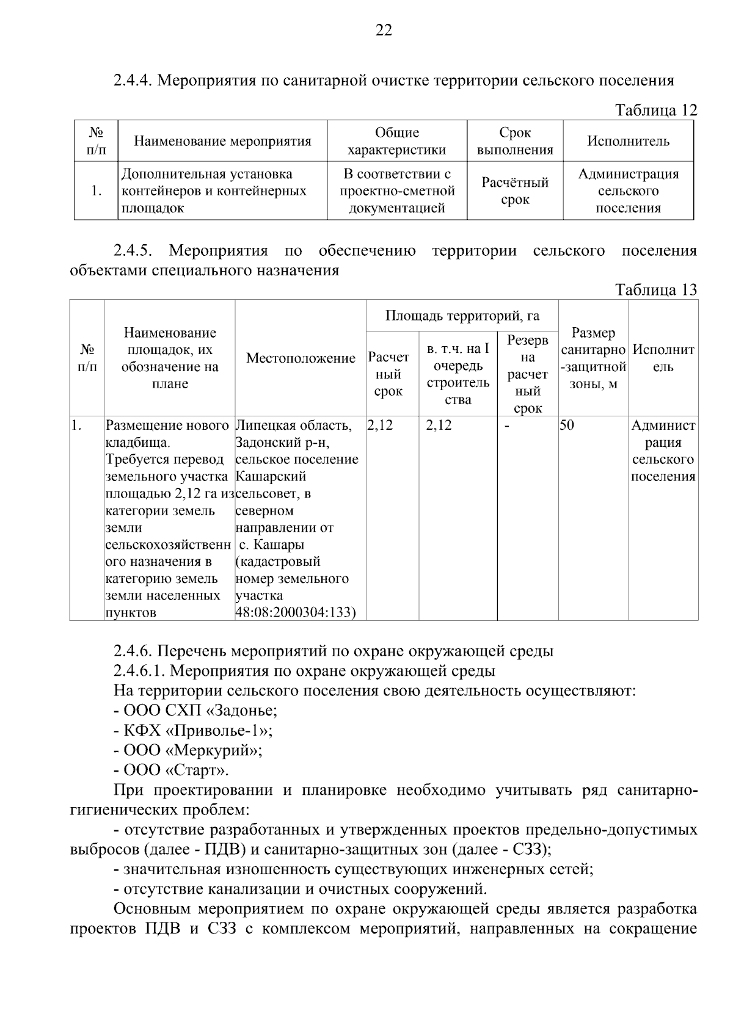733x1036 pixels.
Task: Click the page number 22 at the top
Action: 383,31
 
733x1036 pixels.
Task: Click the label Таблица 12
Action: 655,110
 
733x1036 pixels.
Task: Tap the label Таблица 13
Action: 655,289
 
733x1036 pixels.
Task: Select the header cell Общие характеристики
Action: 396,142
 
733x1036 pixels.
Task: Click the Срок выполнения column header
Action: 515,142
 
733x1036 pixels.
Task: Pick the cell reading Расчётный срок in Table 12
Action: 515,191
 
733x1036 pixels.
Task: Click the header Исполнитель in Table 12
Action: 628,142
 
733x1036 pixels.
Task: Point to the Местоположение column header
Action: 301,358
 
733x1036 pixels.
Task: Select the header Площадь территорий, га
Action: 462,316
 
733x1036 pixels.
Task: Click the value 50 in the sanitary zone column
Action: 567,426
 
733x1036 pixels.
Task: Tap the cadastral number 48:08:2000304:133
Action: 295,612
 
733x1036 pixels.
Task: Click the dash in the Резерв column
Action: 507,426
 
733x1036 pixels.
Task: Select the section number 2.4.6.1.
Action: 139,672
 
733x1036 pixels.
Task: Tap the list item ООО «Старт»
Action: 176,770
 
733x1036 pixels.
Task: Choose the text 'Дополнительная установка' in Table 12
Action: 206,175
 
